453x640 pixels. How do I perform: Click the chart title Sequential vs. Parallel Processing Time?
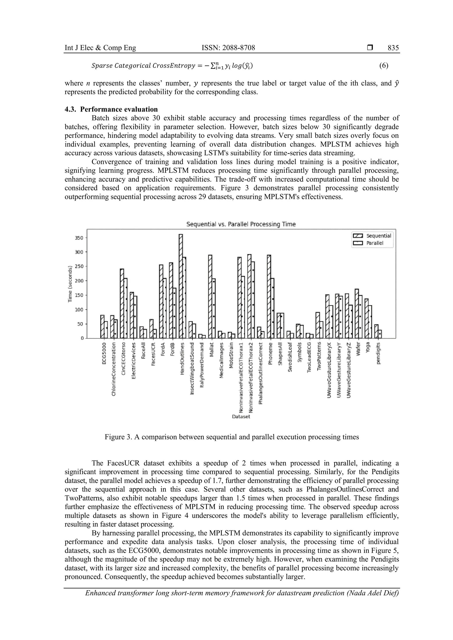click(241, 224)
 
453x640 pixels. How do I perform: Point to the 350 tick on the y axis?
click(79, 238)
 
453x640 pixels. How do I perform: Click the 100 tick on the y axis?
click(79, 309)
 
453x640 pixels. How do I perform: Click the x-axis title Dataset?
click(241, 416)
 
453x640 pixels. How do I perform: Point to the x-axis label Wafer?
click(359, 349)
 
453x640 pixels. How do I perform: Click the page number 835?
click(393, 48)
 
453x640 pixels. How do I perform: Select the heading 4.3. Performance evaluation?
click(111, 109)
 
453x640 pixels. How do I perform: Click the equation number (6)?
click(384, 66)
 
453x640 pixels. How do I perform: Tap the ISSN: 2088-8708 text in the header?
click(228, 48)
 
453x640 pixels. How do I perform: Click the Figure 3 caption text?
click(232, 437)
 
